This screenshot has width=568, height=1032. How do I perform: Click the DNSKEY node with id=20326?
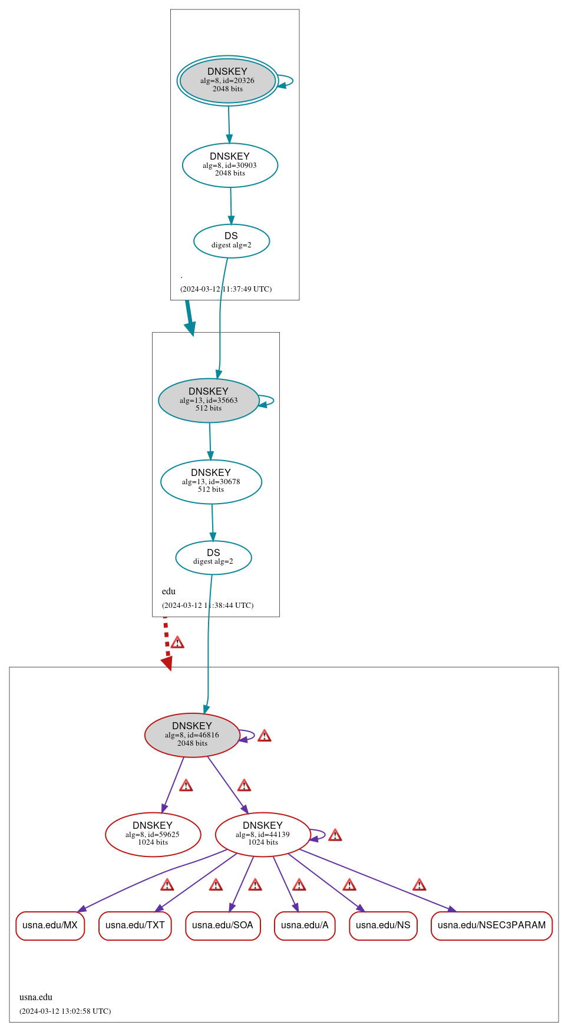tap(227, 81)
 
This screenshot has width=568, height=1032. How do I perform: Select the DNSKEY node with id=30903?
tap(230, 166)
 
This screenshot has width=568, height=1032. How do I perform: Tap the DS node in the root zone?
tap(232, 241)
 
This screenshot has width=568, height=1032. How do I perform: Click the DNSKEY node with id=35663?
tap(209, 401)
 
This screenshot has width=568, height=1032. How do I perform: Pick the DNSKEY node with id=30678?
tap(211, 482)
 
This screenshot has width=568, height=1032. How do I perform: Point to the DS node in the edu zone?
tap(213, 557)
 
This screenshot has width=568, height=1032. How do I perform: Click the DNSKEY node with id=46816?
tap(192, 735)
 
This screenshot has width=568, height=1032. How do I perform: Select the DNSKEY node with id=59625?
tap(153, 835)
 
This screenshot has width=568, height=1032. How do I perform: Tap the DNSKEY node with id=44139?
tap(263, 835)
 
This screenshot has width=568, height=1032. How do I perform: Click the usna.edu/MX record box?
tap(50, 925)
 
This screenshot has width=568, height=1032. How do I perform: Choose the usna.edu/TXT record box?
tap(135, 925)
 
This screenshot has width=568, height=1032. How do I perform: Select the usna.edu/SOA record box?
tap(223, 925)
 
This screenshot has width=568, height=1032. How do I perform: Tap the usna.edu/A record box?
tap(305, 925)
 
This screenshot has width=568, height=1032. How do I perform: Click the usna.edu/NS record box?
tap(383, 925)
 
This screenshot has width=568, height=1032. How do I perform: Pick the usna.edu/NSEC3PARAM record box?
tap(491, 925)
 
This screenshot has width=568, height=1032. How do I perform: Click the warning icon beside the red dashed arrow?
tap(177, 642)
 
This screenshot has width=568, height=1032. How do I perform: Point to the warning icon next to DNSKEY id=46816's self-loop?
tap(265, 736)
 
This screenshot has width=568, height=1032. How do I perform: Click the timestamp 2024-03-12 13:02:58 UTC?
tap(65, 1011)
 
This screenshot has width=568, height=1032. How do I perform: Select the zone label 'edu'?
tap(169, 591)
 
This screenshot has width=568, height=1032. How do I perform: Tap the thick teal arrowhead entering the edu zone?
tap(190, 329)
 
